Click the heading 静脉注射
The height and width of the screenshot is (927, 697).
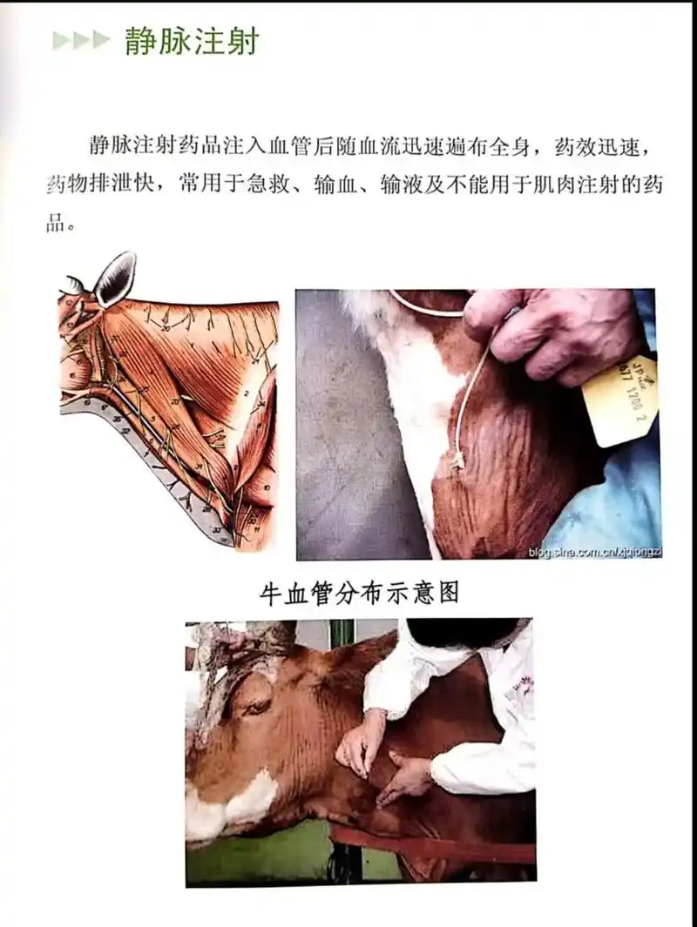click(x=192, y=41)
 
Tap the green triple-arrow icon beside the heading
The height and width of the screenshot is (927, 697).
click(x=82, y=41)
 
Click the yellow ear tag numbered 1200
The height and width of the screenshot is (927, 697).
click(x=620, y=400)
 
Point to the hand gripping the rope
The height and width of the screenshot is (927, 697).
click(x=549, y=331)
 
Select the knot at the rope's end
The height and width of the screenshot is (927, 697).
click(x=457, y=461)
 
